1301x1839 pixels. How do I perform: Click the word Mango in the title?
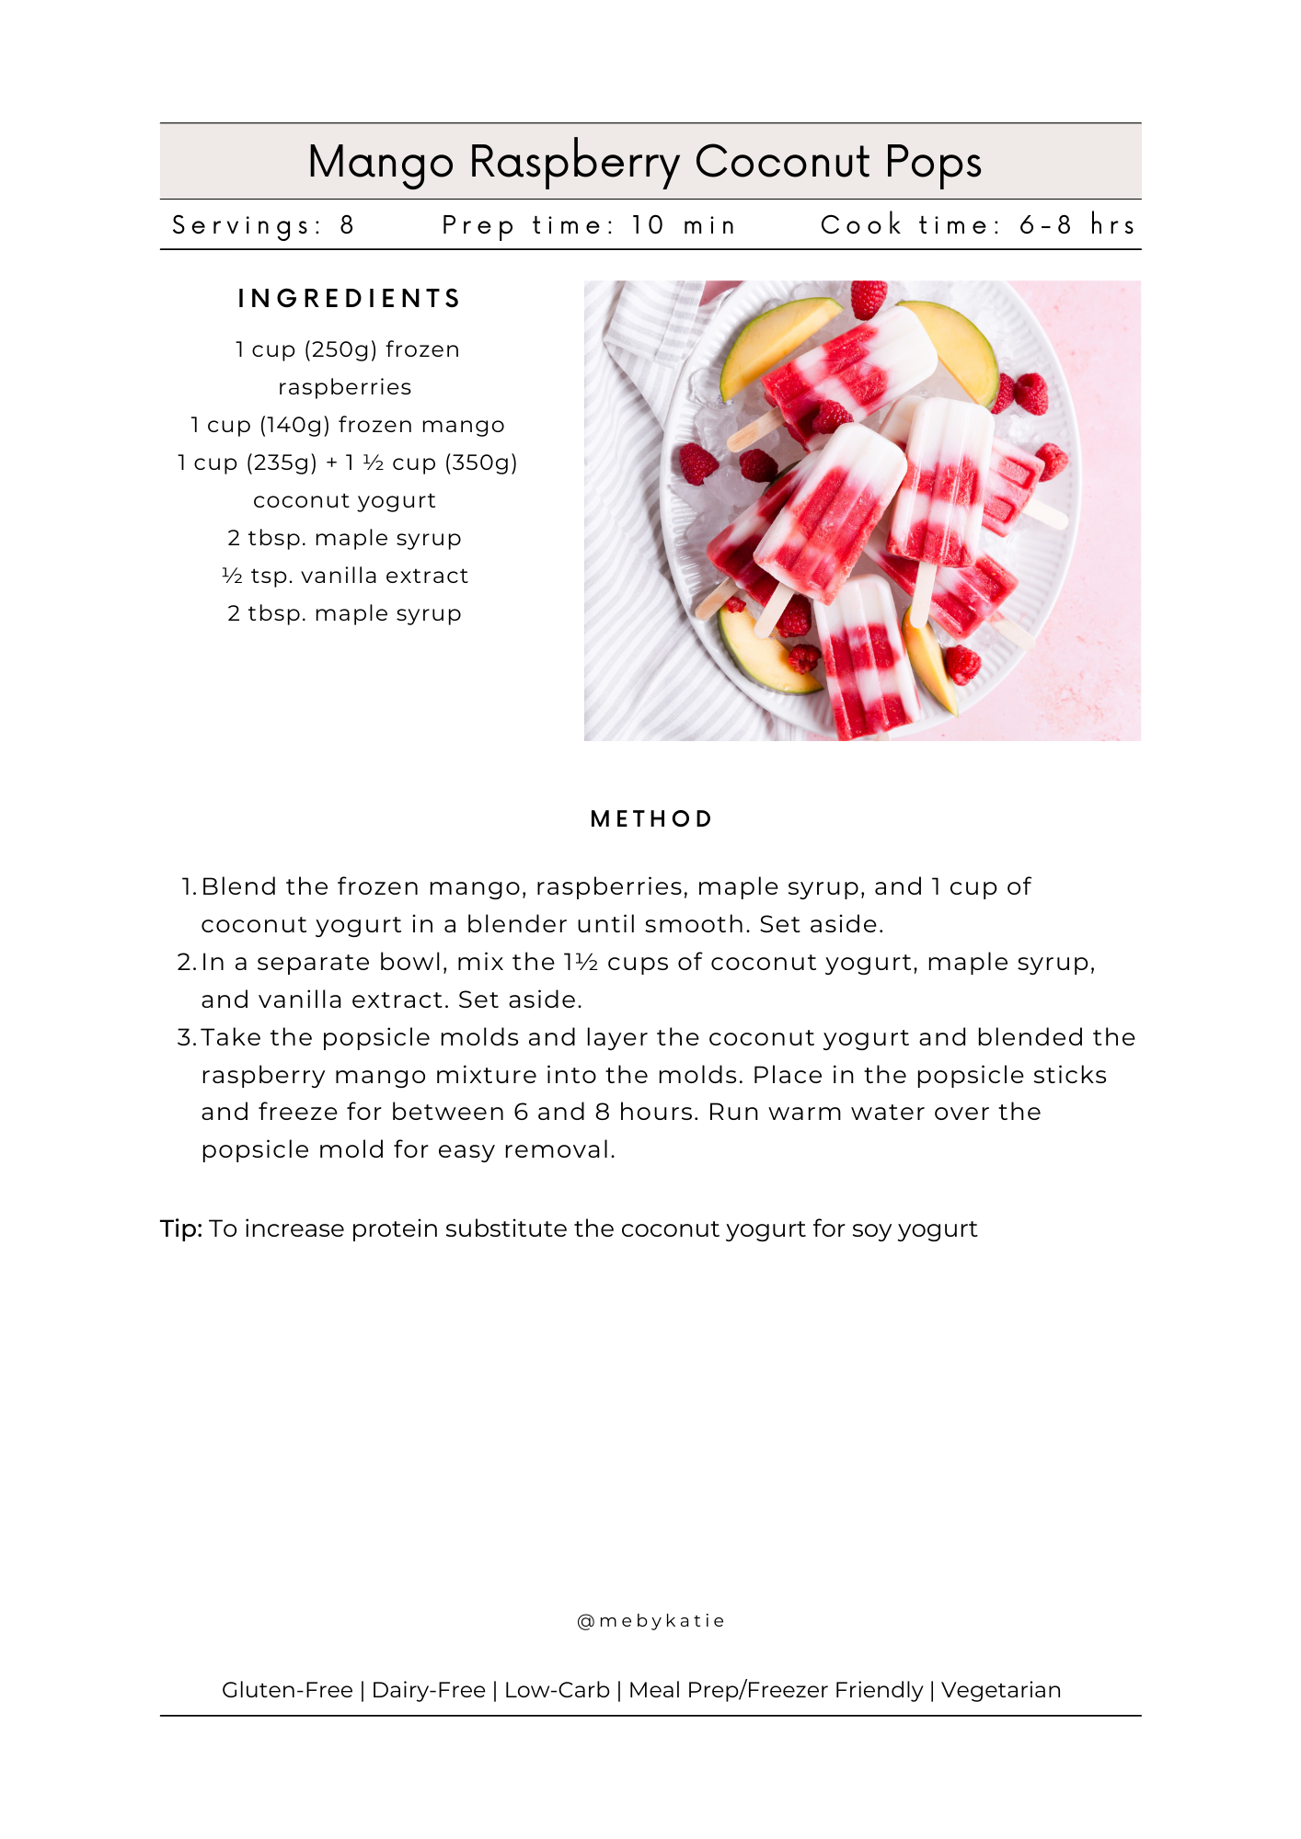(x=380, y=163)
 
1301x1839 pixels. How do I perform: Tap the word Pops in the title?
(x=933, y=163)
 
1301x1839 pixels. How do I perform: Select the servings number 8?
(x=347, y=225)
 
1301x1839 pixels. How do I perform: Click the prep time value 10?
(x=648, y=225)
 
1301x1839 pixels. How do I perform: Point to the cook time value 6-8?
(x=1045, y=225)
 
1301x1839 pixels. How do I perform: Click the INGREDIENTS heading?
(x=349, y=299)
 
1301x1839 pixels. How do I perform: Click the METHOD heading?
(x=651, y=819)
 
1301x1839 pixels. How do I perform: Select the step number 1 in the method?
(x=187, y=887)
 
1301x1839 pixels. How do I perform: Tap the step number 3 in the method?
(x=185, y=1038)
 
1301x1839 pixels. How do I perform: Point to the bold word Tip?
(x=180, y=1229)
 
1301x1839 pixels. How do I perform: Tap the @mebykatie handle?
(x=650, y=1621)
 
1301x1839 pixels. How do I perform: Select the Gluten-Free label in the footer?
(x=287, y=1690)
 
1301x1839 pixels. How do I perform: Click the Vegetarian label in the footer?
(x=1001, y=1690)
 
